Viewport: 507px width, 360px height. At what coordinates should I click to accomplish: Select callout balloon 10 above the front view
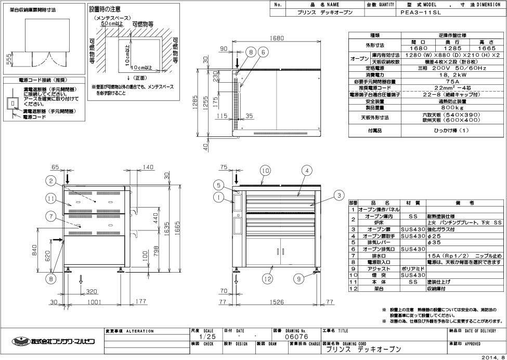(x=266, y=170)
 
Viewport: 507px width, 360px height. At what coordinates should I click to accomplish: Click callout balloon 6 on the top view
(x=264, y=52)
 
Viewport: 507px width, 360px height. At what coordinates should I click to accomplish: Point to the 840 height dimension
(x=34, y=251)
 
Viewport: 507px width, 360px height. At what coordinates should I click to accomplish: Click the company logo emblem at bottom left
(x=18, y=341)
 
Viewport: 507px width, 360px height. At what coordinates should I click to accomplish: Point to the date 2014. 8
(x=492, y=357)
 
